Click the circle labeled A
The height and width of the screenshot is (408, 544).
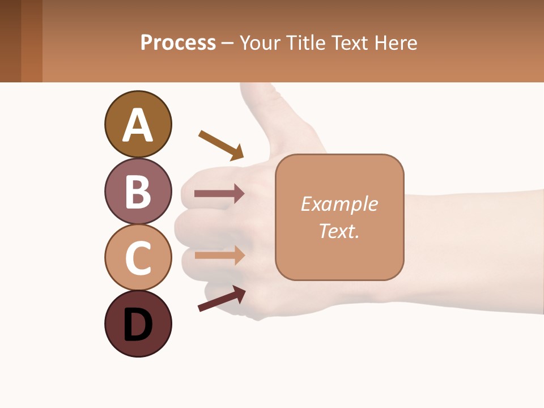[138, 124]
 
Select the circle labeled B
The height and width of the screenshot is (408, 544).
[138, 191]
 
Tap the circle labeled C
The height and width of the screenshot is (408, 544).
[138, 257]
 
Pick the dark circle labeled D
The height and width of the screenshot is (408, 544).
[138, 324]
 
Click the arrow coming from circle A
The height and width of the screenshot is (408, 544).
[221, 144]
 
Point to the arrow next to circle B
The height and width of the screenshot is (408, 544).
[219, 194]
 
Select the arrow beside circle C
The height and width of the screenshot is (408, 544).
[219, 255]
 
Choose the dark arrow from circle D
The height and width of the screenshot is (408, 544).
[222, 298]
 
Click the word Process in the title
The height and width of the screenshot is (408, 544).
[178, 43]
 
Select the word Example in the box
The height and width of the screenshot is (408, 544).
[339, 204]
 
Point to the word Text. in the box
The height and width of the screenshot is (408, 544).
[339, 231]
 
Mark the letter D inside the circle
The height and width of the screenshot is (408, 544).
[138, 325]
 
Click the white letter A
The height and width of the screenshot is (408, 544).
[138, 125]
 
